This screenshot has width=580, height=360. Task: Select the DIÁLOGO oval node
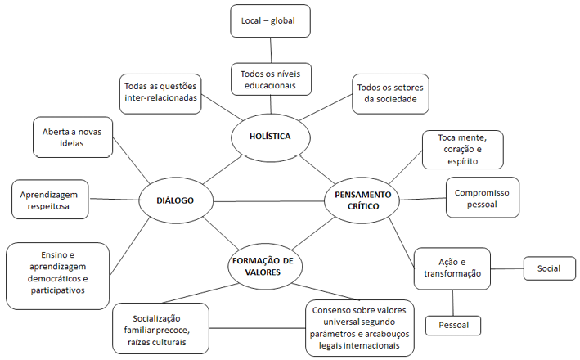[x=177, y=199]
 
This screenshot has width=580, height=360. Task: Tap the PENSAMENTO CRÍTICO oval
[x=362, y=199]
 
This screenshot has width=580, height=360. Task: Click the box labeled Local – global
[x=269, y=20]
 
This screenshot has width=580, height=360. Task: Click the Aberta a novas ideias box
[x=71, y=137]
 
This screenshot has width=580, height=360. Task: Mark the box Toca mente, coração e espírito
[x=462, y=148]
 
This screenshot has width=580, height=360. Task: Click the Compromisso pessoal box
[x=483, y=197]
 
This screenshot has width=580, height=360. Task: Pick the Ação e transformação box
[x=452, y=268]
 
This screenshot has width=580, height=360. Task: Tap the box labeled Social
[x=549, y=268]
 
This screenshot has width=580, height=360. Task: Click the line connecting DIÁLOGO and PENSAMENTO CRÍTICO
[x=270, y=200]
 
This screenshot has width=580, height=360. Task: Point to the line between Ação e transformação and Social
[x=507, y=268]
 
